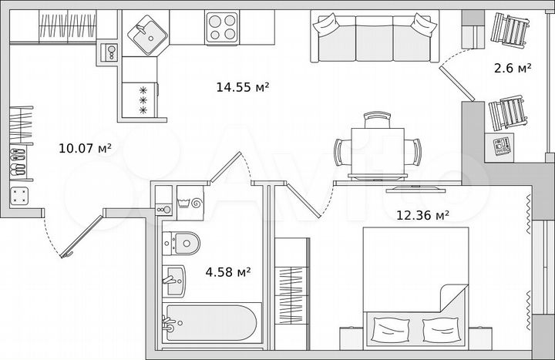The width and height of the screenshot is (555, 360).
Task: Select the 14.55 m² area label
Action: (242, 88)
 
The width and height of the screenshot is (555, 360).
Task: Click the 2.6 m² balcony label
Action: (513, 69)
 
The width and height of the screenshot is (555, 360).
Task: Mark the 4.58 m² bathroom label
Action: (227, 271)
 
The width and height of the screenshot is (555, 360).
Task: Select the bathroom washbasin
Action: (173, 278)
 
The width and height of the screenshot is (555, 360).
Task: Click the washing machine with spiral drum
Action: (190, 203)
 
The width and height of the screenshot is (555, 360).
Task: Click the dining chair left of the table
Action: (343, 149)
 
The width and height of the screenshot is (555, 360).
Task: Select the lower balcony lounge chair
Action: (510, 115)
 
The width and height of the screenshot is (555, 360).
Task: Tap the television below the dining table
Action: (414, 186)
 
